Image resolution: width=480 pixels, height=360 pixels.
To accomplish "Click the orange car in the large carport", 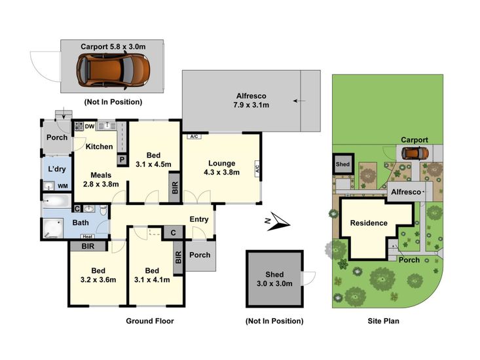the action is point(113,70).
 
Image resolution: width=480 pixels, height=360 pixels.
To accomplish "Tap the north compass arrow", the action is point(278,222).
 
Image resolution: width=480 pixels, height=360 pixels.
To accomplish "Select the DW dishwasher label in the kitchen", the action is point(90,126).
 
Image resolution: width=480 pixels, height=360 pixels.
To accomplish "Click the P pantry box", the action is point(122,160).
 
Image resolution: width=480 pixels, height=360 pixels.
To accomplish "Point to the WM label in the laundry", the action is point(62,186).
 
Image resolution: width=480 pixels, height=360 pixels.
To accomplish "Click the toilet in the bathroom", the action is point(103,210).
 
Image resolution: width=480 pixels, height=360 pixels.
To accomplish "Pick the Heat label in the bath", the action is point(87,236).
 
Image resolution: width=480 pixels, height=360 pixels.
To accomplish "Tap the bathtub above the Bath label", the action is point(57,201).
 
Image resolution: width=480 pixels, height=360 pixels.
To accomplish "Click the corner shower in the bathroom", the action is point(52,228).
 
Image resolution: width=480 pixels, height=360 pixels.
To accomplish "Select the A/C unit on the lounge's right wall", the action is point(257,168).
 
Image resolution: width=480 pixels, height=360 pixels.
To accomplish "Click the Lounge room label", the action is point(221,164).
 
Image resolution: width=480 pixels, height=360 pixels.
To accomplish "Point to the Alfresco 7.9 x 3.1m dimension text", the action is point(251,105).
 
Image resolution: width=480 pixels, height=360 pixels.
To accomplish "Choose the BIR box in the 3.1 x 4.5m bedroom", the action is point(175,187).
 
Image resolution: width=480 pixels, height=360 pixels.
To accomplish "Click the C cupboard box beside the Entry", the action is point(174,233).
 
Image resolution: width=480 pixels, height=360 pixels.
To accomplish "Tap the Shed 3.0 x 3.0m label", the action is point(274,279).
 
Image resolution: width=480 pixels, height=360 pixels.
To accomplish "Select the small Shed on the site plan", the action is point(343,164).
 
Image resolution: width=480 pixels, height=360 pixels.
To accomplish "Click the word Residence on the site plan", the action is point(369,223).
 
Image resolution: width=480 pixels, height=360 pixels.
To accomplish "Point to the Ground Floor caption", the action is point(150,321).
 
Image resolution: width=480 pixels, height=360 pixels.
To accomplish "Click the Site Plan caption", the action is point(383,321).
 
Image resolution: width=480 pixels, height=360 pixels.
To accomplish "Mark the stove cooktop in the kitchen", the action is point(79,126).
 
